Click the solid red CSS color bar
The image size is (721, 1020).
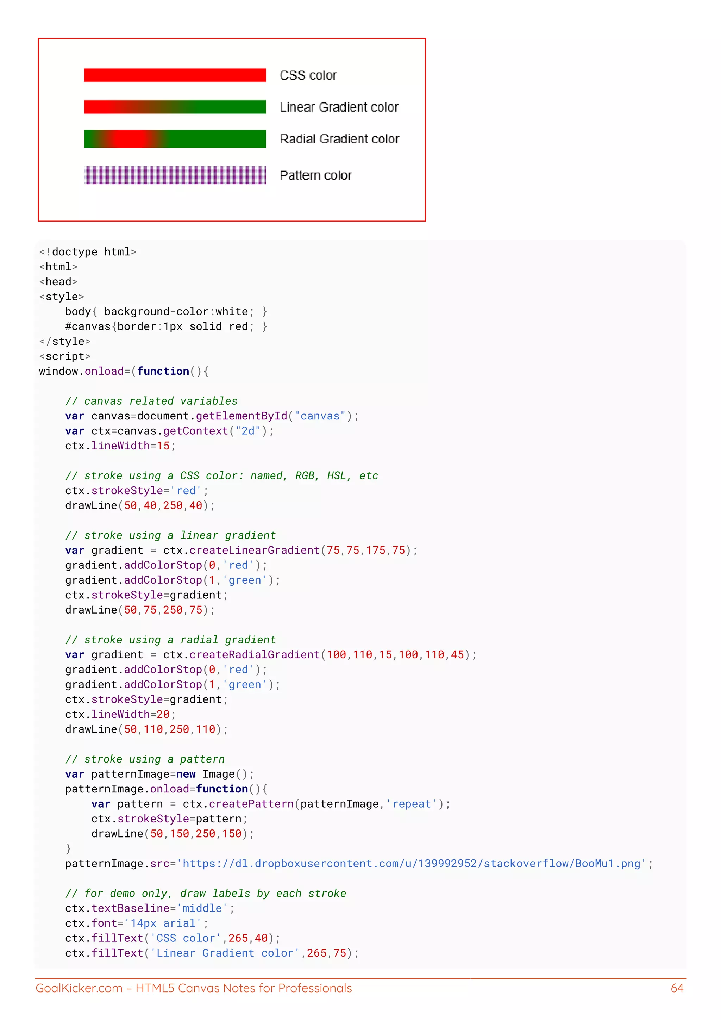175,75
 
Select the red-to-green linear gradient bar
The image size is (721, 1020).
175,107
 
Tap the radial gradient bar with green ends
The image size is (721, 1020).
175,139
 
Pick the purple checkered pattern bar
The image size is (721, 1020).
175,175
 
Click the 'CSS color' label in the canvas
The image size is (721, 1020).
308,75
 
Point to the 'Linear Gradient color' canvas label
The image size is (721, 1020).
339,107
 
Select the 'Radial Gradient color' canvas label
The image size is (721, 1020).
339,139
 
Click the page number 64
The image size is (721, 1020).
677,988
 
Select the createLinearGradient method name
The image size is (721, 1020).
255,551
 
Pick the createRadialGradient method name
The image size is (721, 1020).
255,655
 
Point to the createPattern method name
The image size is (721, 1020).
251,804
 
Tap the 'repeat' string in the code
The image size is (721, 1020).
412,804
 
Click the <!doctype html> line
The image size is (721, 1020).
87,252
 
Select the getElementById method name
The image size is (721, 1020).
242,416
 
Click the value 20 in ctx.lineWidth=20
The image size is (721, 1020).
163,714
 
